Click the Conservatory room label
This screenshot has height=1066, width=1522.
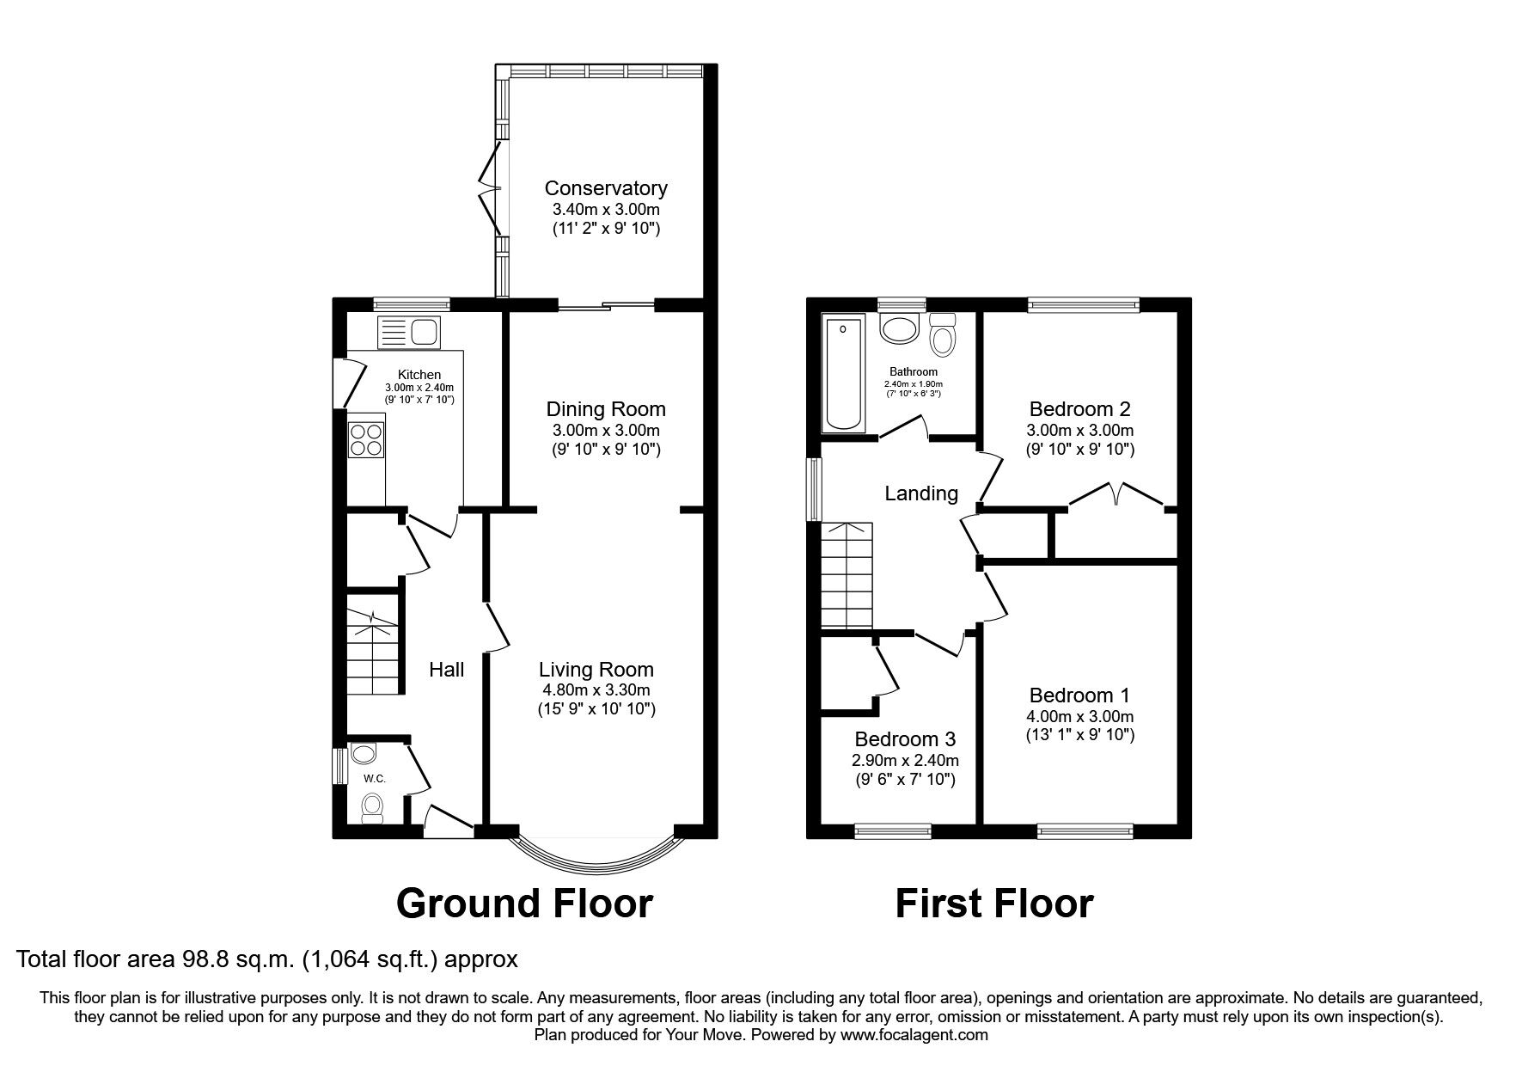click(606, 188)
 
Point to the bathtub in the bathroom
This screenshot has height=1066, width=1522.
click(845, 373)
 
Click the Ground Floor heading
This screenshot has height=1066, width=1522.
click(524, 904)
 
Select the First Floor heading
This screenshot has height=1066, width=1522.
click(994, 904)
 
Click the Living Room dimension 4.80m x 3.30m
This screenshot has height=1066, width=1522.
click(596, 690)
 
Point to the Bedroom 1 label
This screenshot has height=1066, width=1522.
click(1079, 695)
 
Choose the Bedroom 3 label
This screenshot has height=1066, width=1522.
click(905, 739)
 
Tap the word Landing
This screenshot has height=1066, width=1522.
click(921, 493)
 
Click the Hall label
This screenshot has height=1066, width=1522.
click(447, 669)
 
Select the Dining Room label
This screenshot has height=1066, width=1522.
click(606, 409)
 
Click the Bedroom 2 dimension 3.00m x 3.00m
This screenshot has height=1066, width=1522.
click(1080, 431)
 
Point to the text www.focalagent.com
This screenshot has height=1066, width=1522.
click(914, 1035)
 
